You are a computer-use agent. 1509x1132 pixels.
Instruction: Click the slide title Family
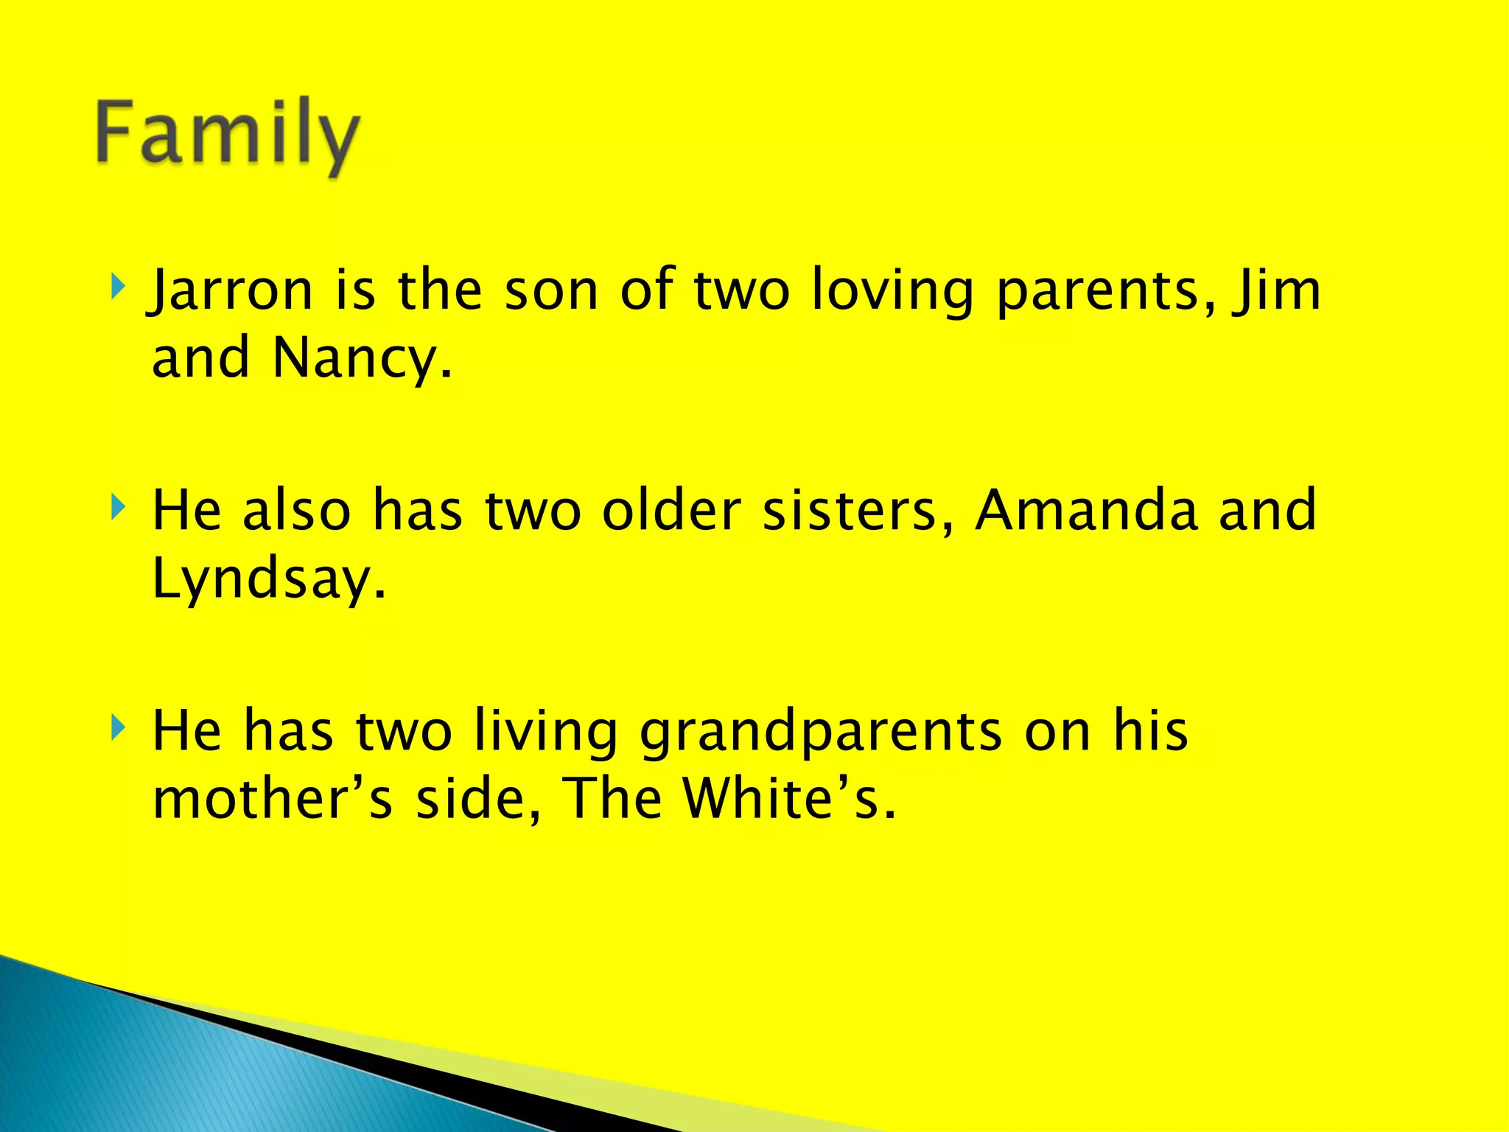coord(227,134)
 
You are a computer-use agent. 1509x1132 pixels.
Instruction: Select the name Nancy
coord(361,358)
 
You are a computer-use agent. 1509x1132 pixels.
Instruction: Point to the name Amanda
coord(1086,510)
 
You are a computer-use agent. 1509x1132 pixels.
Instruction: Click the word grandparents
coord(821,733)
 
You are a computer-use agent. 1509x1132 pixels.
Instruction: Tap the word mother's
coord(273,799)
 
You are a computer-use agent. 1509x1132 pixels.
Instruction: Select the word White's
coord(788,799)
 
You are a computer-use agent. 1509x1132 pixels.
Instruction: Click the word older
coord(671,510)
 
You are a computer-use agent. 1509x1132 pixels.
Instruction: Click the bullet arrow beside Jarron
coord(118,284)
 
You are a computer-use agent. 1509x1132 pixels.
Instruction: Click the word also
coord(296,510)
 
